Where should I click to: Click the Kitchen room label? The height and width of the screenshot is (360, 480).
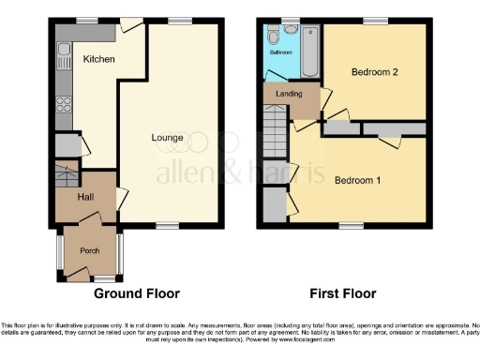click(x=98, y=59)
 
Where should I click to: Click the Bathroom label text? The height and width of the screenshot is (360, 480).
click(x=280, y=53)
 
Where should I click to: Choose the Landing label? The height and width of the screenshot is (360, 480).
click(x=288, y=94)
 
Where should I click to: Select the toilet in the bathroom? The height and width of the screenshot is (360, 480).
click(x=272, y=37)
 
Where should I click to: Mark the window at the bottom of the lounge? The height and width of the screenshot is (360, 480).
click(x=168, y=224)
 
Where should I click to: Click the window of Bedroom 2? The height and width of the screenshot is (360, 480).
click(x=376, y=21)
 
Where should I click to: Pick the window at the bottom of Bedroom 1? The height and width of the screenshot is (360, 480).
click(x=352, y=224)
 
